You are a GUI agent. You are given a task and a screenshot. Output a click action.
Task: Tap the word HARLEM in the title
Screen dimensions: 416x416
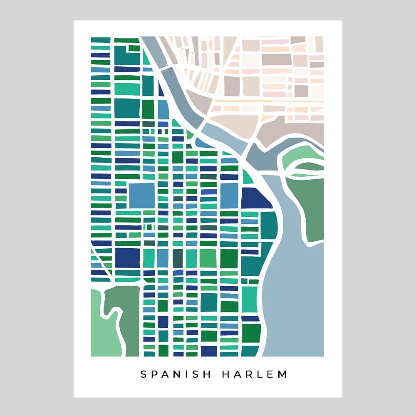(255, 374)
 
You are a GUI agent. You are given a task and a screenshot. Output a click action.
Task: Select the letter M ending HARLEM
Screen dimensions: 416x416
(283, 374)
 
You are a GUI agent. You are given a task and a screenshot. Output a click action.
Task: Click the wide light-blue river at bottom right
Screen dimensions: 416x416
(295, 291)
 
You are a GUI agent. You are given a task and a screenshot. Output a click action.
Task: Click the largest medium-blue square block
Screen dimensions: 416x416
(141, 195)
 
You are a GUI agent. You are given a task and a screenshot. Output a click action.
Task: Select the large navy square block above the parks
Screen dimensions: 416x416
(127, 258)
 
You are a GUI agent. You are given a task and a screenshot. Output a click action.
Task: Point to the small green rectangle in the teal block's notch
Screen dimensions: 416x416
(134, 48)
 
